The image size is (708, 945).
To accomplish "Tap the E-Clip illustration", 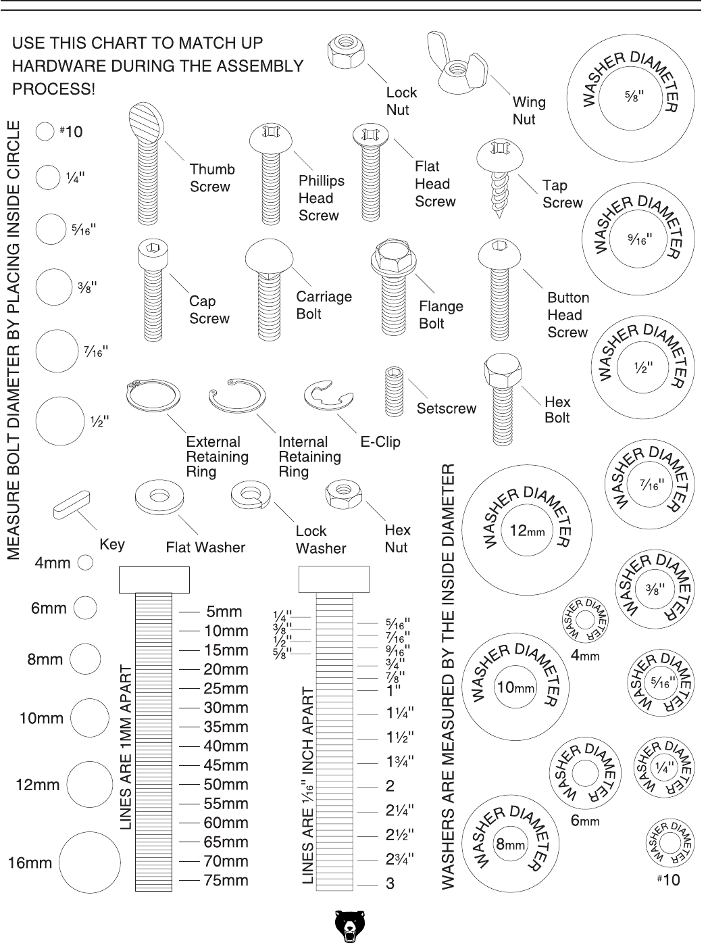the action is pos(328,395).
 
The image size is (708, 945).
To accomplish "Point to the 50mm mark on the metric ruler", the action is pos(189,784).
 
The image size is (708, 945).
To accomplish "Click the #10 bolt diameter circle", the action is pos(45,132).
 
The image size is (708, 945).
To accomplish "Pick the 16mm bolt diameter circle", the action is pos(89,863).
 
